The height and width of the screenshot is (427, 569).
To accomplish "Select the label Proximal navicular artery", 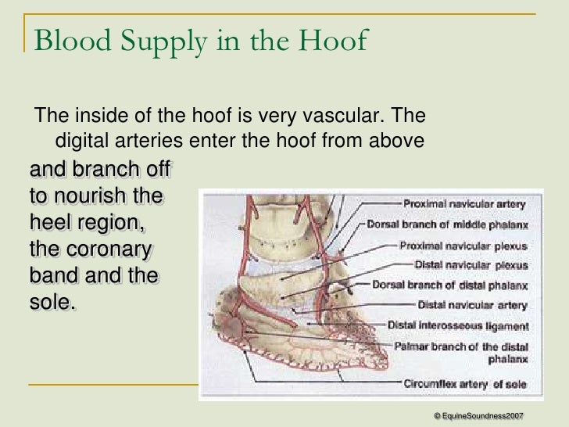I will pyautogui.click(x=464, y=203).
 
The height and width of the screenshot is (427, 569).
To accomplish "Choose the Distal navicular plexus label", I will pyautogui.click(x=471, y=264).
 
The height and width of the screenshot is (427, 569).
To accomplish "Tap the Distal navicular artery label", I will pyautogui.click(x=473, y=304).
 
